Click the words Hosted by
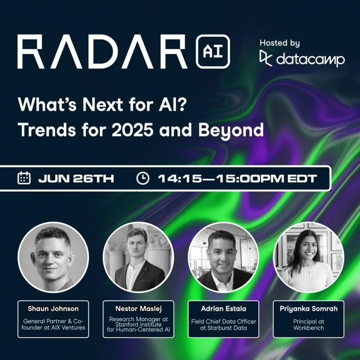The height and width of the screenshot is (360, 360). coord(279,43)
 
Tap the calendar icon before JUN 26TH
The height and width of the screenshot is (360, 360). coord(24,178)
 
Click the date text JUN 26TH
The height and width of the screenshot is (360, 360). coord(76,179)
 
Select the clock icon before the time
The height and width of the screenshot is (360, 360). coord(143,178)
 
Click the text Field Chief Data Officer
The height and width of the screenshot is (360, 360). coord(223,321)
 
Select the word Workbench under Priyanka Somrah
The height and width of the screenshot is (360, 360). coord(308,328)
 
